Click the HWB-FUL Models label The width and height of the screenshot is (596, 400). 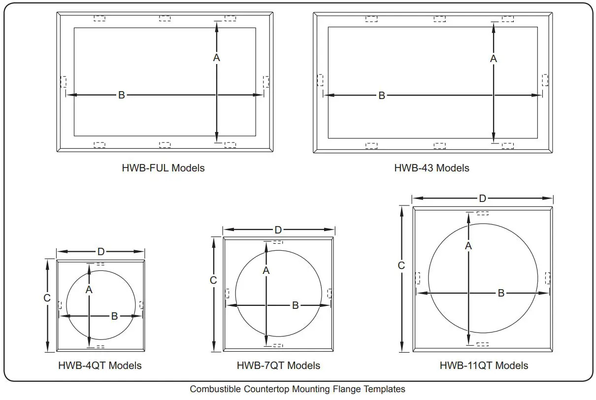(163, 168)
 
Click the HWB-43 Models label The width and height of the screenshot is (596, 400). (431, 168)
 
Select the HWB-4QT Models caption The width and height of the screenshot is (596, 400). (100, 366)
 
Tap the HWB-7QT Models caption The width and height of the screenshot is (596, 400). (278, 366)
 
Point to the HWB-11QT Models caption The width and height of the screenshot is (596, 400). (484, 366)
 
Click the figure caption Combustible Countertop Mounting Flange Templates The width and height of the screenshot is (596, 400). (298, 389)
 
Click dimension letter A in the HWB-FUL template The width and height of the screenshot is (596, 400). (216, 58)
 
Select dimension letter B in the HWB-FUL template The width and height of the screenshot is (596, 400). (122, 95)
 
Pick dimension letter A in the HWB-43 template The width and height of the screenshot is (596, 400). (494, 59)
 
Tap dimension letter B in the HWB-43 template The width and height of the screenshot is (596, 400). (382, 96)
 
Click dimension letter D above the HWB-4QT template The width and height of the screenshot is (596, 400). (101, 252)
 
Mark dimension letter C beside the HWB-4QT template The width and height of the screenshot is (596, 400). (47, 298)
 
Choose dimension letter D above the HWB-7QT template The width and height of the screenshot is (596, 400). (278, 230)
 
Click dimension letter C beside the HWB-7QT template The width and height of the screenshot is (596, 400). (213, 280)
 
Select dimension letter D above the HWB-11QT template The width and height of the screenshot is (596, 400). (483, 198)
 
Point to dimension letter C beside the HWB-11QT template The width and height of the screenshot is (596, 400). (401, 266)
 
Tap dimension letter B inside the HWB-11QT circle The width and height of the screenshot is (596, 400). (501, 293)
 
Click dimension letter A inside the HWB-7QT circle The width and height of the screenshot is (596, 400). (266, 270)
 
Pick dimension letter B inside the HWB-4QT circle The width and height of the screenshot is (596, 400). (114, 316)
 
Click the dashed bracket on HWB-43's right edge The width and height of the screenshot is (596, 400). (545, 80)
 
